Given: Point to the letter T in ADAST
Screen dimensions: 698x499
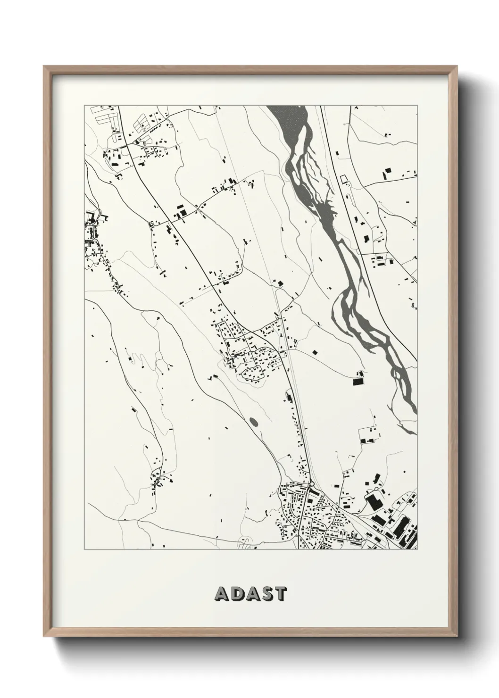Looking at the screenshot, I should point(280,594).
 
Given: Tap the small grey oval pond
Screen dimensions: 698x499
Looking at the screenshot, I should point(254,421).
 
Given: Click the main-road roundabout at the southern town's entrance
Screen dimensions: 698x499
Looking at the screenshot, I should point(312,484).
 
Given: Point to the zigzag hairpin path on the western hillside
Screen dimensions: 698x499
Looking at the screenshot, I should point(160,363).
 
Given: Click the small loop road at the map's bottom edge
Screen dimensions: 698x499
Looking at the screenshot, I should point(246,542).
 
